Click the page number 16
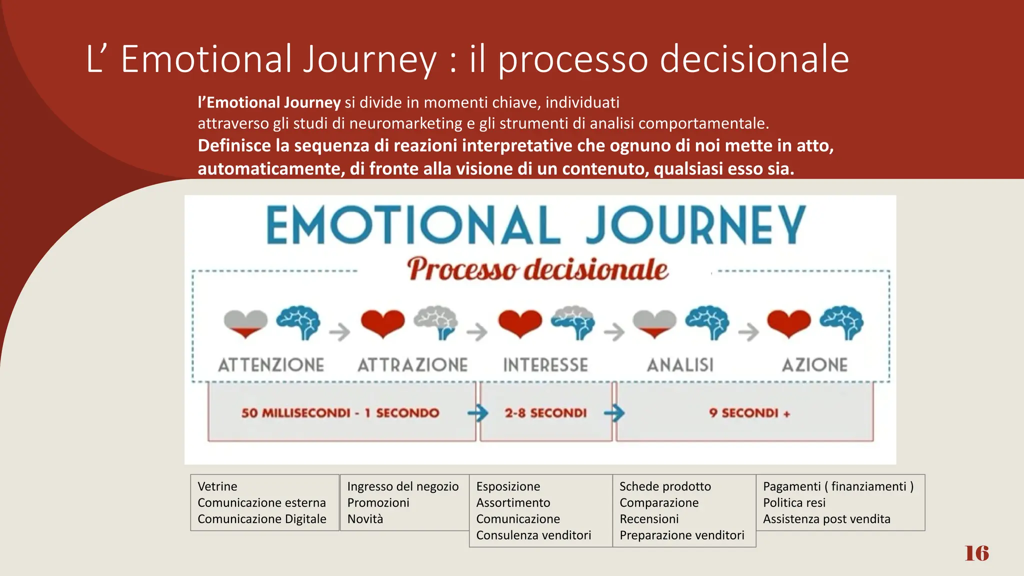point(976,553)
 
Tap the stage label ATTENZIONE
point(271,365)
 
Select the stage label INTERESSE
point(545,365)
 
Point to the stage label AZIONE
point(815,365)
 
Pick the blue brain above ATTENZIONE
point(299,322)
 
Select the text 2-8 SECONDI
point(545,413)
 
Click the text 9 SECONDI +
point(749,413)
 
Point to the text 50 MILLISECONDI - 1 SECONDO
point(340,413)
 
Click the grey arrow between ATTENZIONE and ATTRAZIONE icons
point(340,331)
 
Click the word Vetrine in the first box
point(217,486)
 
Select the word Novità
point(365,519)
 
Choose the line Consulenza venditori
point(533,535)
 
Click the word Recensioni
point(649,519)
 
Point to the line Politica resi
point(794,502)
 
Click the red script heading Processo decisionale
point(537,270)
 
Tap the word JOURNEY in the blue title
point(695,226)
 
